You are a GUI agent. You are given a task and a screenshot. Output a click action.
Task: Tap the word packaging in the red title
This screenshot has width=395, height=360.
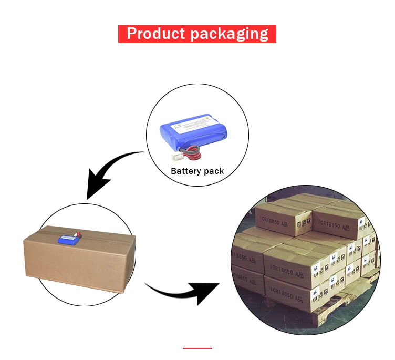[x=229, y=35]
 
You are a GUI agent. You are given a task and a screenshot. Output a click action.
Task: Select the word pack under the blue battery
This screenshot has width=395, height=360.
[x=214, y=171]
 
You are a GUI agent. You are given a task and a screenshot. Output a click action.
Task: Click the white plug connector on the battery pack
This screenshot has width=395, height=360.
[x=178, y=156]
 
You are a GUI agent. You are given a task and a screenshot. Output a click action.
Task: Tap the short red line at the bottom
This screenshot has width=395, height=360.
[x=197, y=348]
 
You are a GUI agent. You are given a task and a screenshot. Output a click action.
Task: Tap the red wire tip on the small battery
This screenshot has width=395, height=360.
[x=79, y=233]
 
